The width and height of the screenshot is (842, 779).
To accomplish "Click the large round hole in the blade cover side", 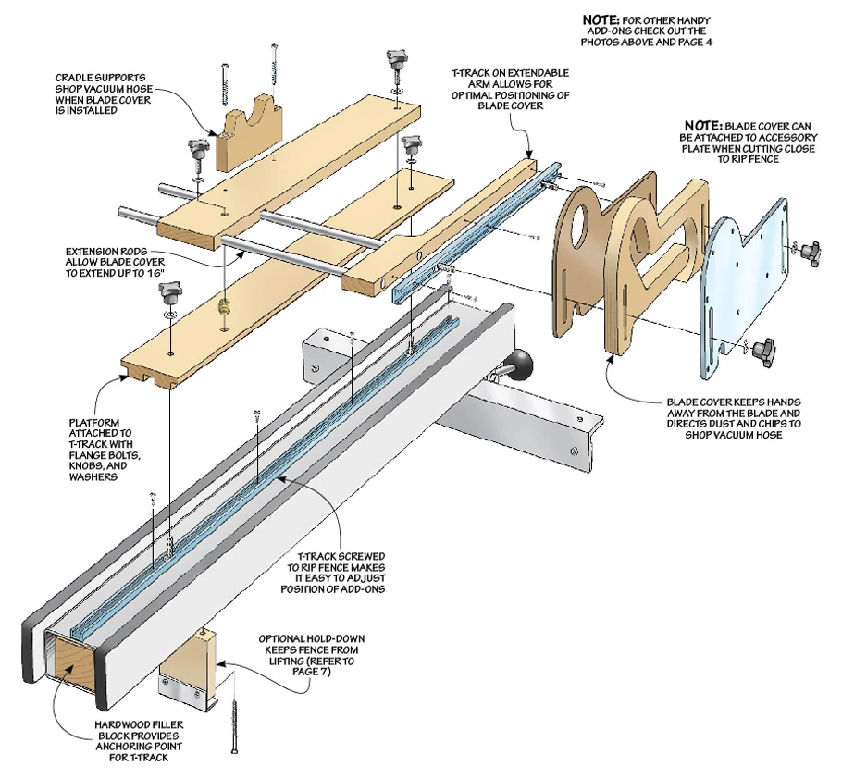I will pyautogui.click(x=581, y=218).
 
